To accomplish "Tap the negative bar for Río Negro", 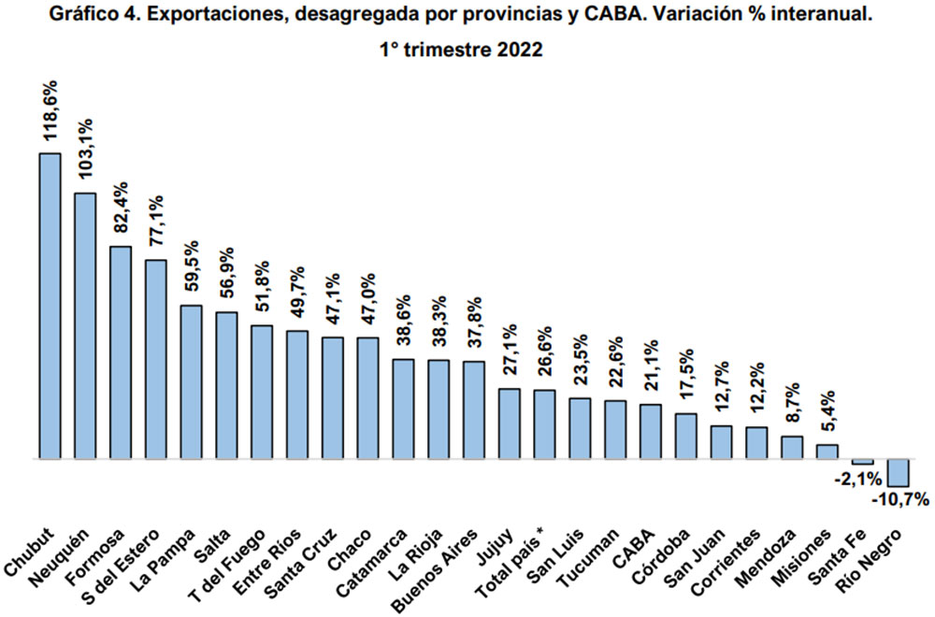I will (898, 472).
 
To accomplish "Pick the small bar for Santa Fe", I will (862, 462).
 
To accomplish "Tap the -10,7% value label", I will (899, 499).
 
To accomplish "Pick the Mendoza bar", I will (792, 447).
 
